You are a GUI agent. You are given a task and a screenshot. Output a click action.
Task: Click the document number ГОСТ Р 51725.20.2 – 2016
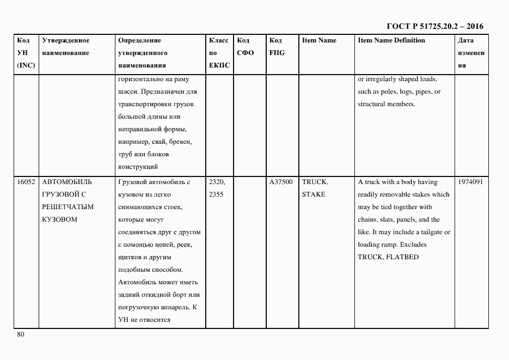click(434, 26)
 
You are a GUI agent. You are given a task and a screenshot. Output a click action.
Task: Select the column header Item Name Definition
click(391, 40)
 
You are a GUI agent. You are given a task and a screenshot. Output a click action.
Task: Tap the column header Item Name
click(319, 40)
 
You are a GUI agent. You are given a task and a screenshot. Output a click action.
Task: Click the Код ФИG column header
click(276, 46)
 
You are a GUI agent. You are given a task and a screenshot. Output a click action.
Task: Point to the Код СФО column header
click(246, 46)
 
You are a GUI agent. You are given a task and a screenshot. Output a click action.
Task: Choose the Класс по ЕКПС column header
click(219, 53)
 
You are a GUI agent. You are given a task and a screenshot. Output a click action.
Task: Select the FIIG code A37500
click(281, 182)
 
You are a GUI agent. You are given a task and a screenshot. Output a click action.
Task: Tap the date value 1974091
click(470, 182)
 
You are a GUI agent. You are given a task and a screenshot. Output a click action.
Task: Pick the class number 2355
click(217, 195)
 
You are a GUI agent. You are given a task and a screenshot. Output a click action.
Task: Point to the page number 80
click(21, 334)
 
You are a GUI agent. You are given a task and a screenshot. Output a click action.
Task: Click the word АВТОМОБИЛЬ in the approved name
click(67, 182)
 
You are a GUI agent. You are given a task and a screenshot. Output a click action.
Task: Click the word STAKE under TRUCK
click(314, 195)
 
